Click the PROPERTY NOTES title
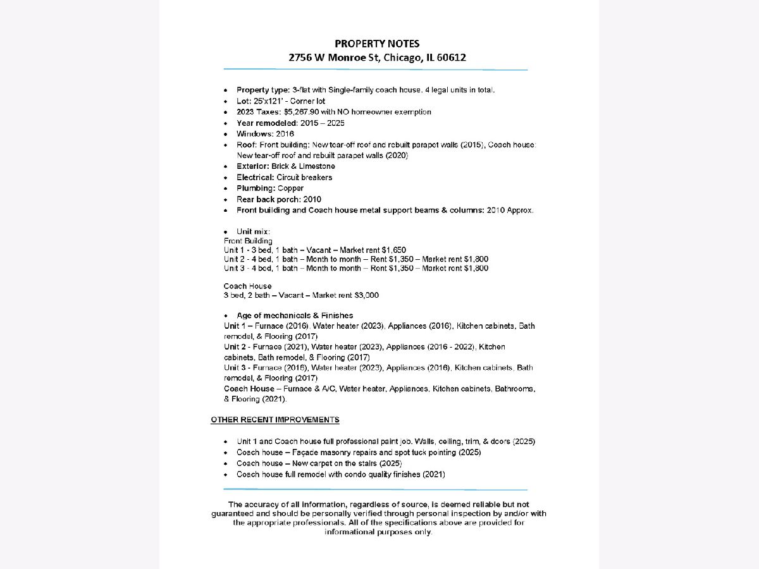377,44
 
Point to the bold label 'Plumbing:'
256,188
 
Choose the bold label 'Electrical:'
256,178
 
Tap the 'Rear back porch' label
264,199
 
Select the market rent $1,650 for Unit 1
394,250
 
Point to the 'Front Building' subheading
248,241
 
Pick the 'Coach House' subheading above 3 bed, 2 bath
247,286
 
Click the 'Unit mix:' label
253,232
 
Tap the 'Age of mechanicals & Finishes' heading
295,315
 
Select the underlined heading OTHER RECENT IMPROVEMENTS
275,420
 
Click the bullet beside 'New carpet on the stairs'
226,463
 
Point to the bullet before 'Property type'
226,90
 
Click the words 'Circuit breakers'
304,178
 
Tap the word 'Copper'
290,188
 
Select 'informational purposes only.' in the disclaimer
378,532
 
